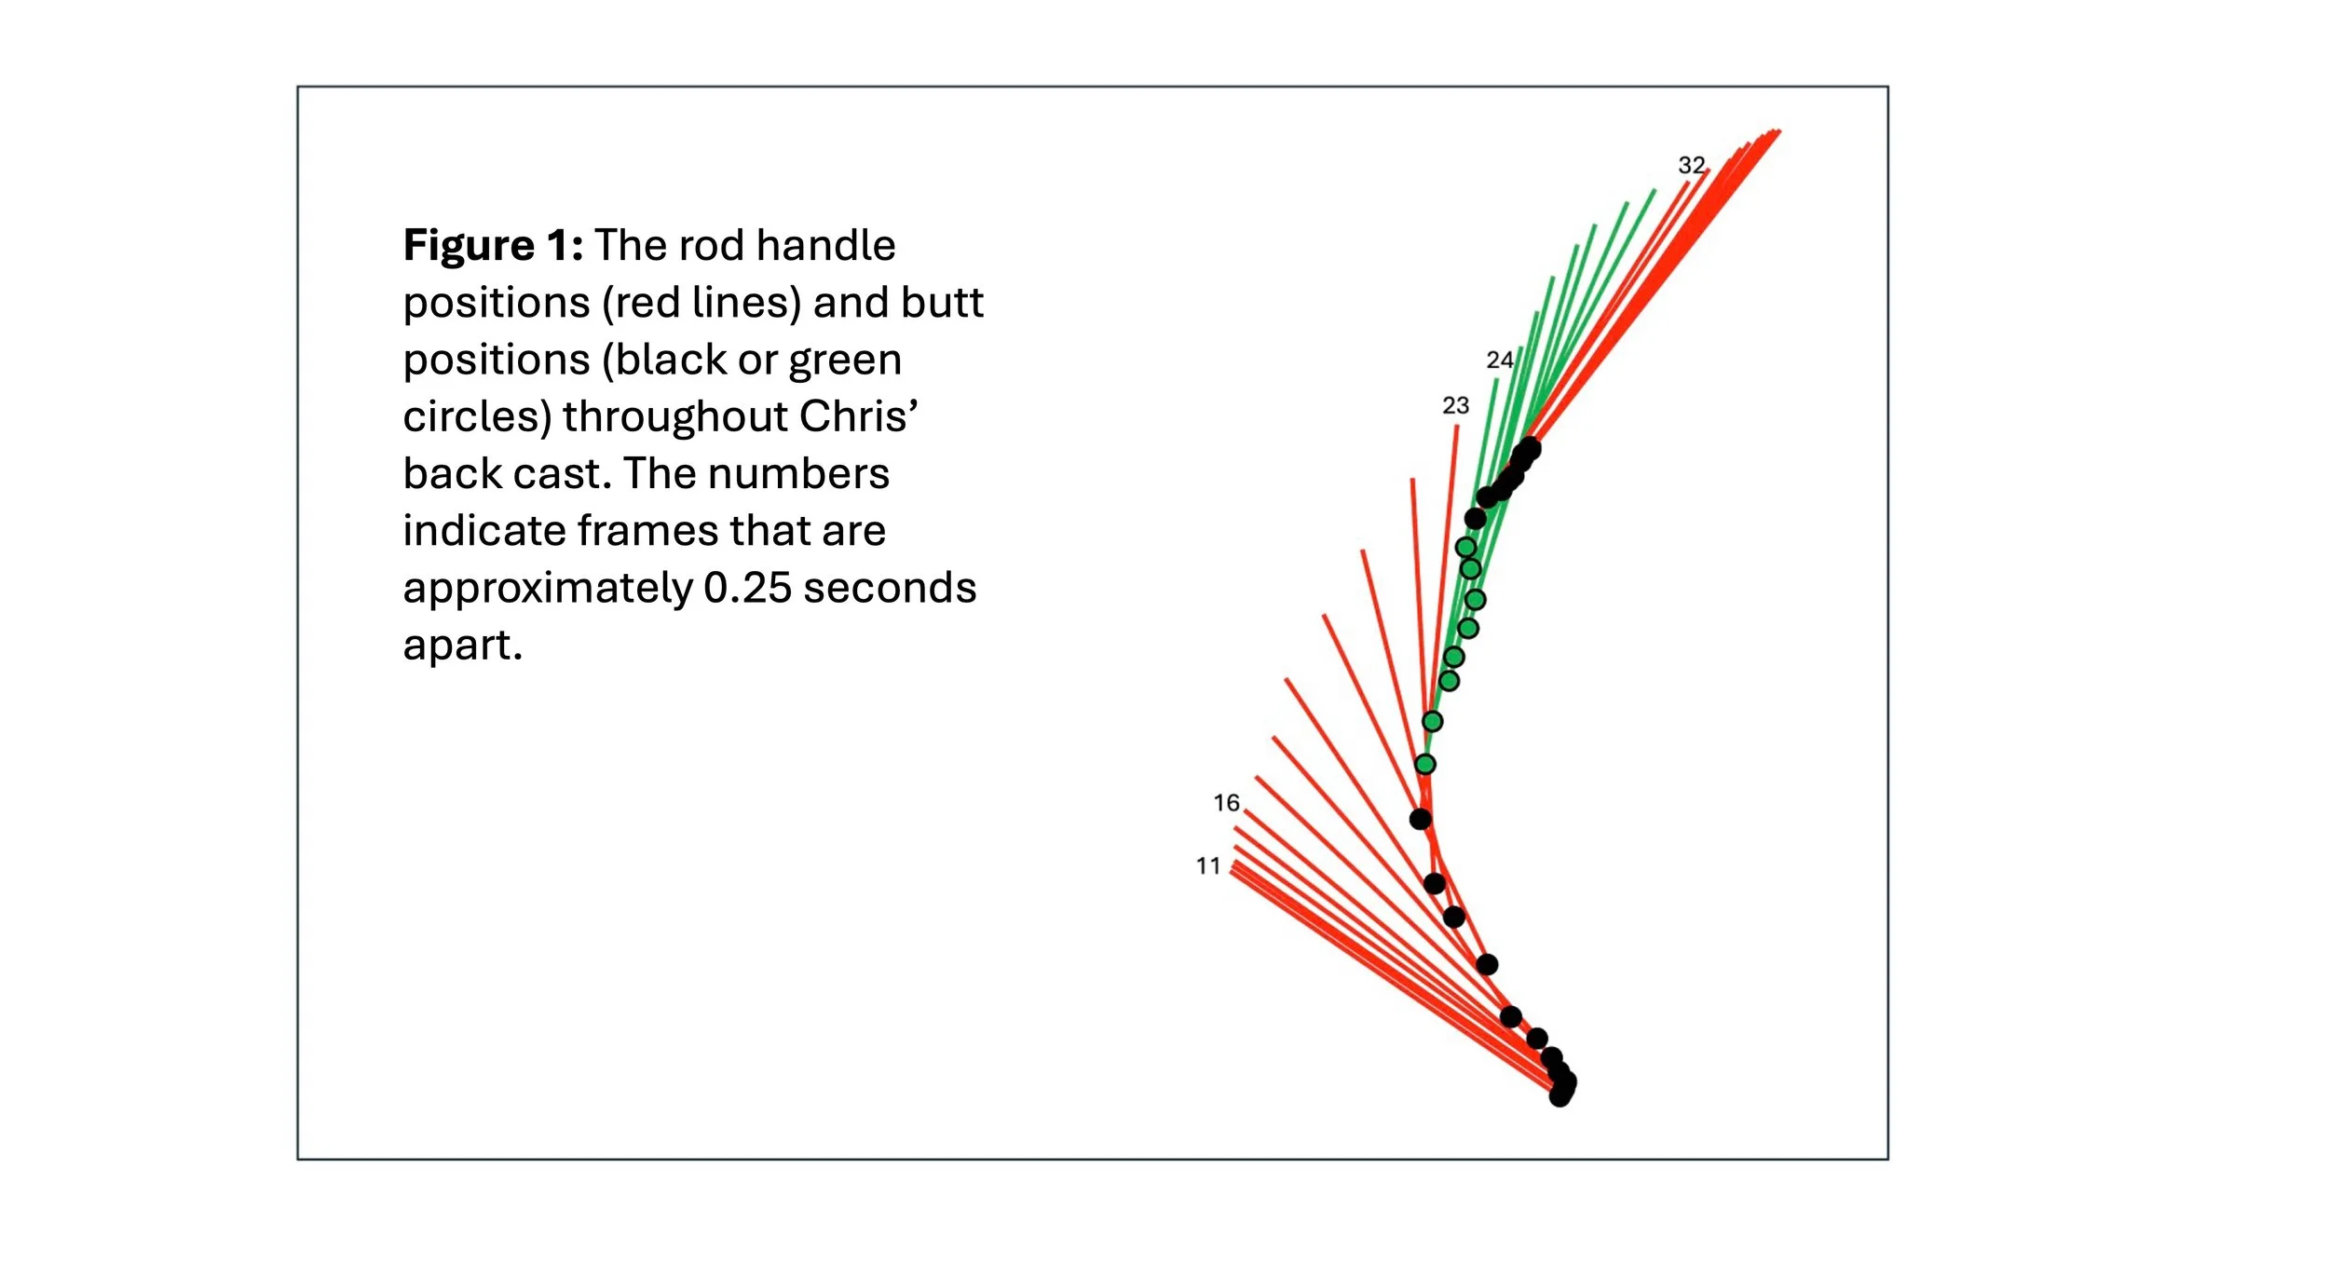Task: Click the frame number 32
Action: pos(1691,166)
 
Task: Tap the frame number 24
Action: pos(1499,360)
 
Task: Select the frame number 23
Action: pos(1455,405)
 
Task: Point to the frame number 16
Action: pos(1226,802)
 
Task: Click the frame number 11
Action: pos(1208,865)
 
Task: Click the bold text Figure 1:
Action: pos(493,246)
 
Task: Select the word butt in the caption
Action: pos(951,303)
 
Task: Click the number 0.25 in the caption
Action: pos(746,588)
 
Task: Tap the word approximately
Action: pos(548,588)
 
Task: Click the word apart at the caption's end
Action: pos(461,645)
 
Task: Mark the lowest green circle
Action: pos(1424,764)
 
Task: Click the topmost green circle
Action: pos(1465,547)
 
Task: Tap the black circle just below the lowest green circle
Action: pos(1420,819)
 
